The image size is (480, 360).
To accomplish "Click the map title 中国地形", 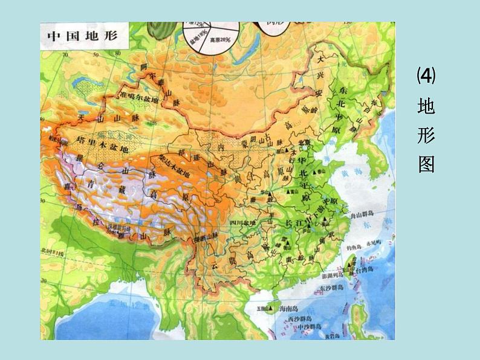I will click(x=83, y=37).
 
